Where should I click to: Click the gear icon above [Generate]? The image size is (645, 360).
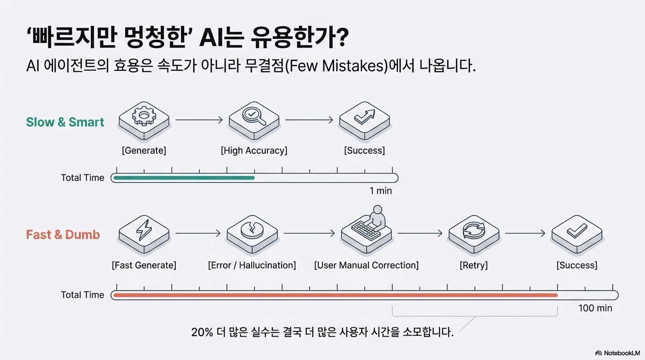(143, 117)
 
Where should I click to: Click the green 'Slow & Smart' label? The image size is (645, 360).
(65, 122)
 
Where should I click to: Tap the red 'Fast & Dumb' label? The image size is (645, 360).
(63, 235)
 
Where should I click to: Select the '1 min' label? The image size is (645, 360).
(381, 191)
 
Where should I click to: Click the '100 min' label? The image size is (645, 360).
(595, 308)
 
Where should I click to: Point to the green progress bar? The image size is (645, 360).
(184, 178)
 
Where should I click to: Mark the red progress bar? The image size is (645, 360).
(335, 295)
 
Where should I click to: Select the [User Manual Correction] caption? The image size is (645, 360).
(366, 265)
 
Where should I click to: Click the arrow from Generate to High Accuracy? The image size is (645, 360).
(199, 120)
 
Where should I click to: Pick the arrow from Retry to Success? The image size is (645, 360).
(525, 233)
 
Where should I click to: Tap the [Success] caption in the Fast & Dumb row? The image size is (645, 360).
(577, 265)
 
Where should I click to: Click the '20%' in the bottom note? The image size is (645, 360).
(202, 333)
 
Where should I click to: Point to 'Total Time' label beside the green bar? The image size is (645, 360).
(82, 178)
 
